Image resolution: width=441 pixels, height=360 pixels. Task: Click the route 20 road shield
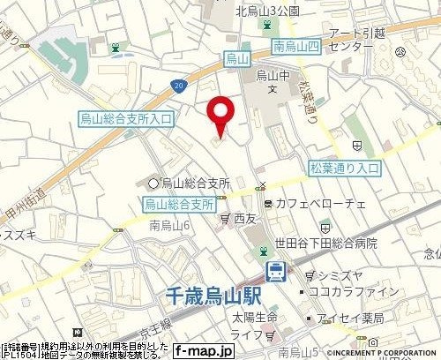tap(179, 85)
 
